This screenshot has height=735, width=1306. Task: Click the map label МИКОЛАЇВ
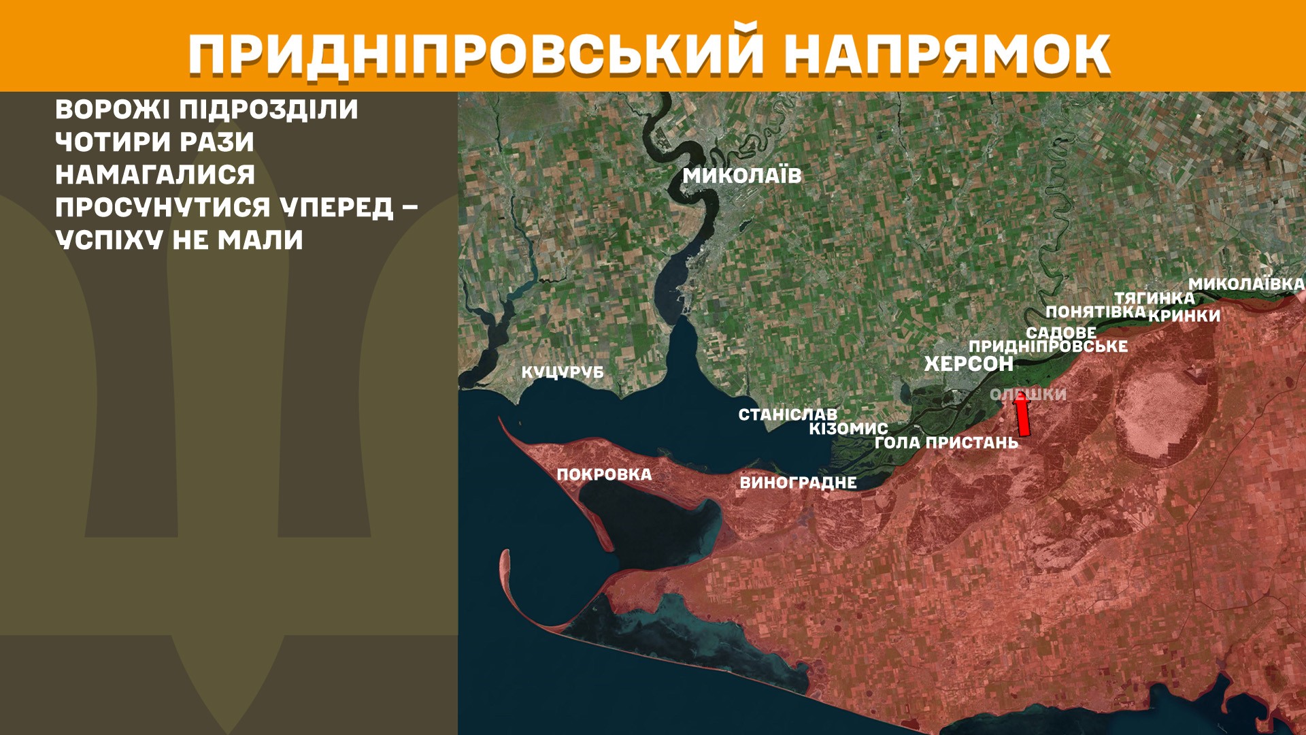click(x=742, y=176)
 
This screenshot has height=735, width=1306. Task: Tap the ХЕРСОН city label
click(x=969, y=364)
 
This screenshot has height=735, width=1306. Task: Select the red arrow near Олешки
click(x=1022, y=415)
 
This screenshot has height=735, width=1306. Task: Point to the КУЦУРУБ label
click(x=563, y=373)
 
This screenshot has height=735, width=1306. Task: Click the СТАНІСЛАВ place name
click(x=788, y=414)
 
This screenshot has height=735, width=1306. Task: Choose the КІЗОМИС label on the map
click(x=848, y=429)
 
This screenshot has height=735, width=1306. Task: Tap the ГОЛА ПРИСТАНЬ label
click(x=946, y=443)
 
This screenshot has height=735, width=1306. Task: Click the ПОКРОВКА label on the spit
click(x=604, y=475)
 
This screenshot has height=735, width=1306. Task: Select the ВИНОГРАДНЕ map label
click(x=798, y=483)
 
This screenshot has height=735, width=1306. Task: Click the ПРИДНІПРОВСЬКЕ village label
click(x=1048, y=346)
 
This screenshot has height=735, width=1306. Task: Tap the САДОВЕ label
click(x=1061, y=333)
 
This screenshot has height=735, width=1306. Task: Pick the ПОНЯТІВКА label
click(x=1096, y=312)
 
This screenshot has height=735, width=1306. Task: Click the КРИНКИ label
click(x=1184, y=316)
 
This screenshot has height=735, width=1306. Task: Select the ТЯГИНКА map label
click(x=1154, y=298)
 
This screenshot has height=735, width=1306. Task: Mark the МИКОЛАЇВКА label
click(x=1246, y=284)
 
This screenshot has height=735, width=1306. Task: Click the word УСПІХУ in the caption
click(x=110, y=240)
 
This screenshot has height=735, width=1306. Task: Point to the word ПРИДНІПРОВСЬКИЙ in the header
click(x=475, y=54)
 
